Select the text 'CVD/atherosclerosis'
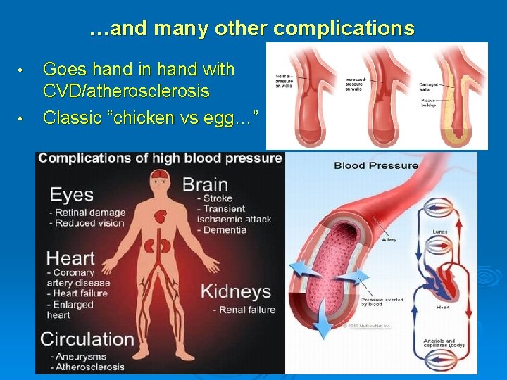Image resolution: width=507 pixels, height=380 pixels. tap(126, 91)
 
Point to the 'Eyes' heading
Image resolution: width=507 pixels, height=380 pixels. tap(71, 194)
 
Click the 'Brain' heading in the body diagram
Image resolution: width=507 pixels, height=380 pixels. tap(205, 185)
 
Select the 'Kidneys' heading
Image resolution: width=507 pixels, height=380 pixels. tap(236, 291)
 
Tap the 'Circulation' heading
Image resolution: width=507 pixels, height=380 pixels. tap(87, 338)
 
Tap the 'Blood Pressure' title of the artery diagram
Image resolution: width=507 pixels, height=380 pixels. tap(375, 166)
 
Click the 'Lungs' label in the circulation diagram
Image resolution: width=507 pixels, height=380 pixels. tap(439, 232)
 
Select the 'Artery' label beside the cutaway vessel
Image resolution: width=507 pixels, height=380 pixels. tap(389, 239)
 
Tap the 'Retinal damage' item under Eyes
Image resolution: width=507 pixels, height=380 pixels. tap(87, 213)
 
